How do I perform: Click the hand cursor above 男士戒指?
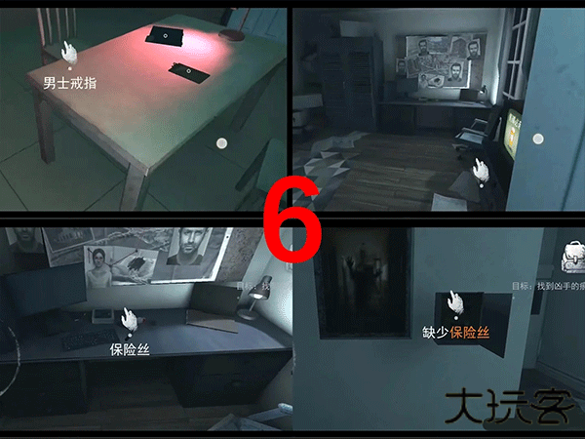tap(67, 53)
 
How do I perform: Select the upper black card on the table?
tap(163, 36)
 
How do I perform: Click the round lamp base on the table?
tap(232, 35)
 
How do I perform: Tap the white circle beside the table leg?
tap(221, 143)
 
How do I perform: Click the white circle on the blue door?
tap(535, 140)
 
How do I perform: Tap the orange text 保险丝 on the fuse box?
tap(469, 332)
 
